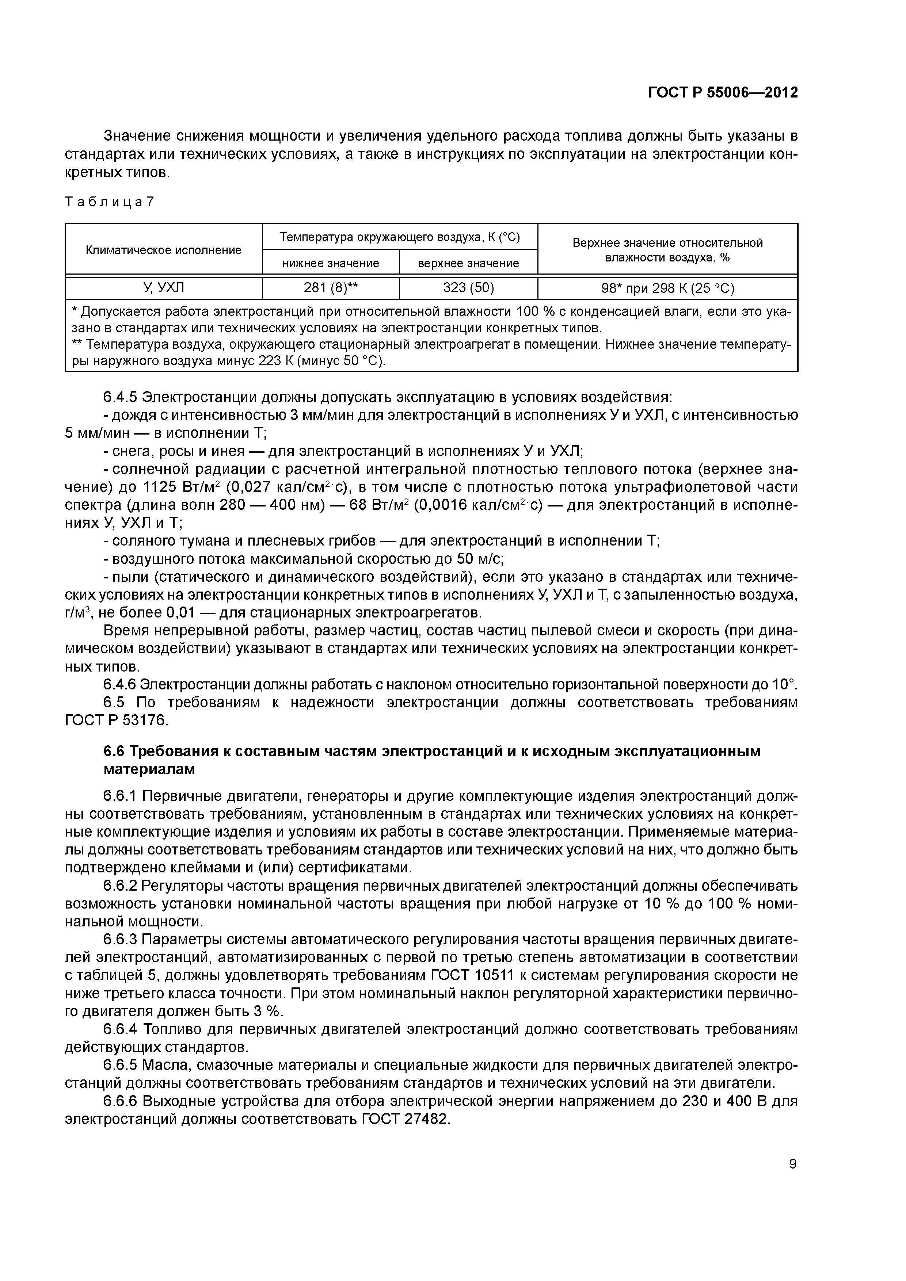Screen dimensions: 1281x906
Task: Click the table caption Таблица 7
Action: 109,202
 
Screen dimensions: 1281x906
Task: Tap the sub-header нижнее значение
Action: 331,263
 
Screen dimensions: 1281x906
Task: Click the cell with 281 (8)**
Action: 331,288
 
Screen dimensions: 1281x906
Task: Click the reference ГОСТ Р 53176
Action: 115,721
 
